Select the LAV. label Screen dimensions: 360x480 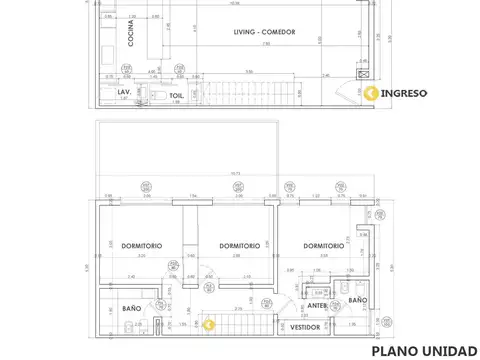123,92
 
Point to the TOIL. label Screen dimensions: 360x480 176,96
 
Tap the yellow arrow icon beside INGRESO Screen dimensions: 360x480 371,93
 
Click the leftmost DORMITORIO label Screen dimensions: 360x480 129,245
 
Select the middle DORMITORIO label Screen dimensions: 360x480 239,245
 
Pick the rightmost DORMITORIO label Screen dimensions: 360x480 324,245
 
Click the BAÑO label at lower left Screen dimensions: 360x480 132,308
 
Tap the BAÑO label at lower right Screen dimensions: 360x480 357,300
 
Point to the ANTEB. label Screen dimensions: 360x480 318,305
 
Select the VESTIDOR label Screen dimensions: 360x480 305,327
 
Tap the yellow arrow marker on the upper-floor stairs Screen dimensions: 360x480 208,324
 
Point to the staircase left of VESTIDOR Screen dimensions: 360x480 245,324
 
